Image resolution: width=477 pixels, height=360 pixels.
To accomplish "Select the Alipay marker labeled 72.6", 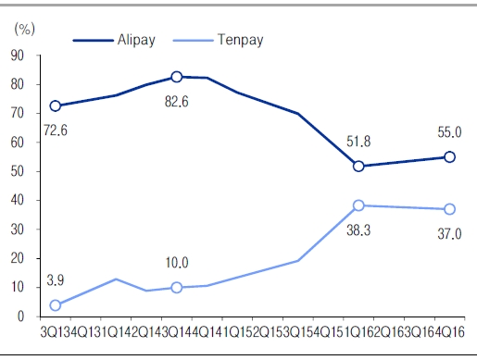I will click(56, 106).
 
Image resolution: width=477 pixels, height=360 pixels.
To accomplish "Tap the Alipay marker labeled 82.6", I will click(176, 77).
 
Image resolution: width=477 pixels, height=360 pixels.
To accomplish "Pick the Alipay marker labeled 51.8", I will click(358, 167).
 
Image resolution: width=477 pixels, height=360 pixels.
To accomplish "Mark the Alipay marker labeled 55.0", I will click(449, 157).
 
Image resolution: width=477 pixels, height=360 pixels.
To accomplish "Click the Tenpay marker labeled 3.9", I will click(56, 305).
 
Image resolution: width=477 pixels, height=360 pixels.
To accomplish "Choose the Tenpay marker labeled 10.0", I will click(176, 288).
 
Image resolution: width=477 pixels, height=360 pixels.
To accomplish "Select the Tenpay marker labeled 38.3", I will click(358, 205).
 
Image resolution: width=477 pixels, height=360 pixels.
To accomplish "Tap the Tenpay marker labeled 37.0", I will click(449, 209).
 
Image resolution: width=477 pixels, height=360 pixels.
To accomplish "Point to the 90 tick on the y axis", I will click(18, 56).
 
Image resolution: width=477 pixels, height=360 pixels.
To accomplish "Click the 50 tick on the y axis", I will click(18, 171).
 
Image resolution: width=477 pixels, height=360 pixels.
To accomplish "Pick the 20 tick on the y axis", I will click(18, 258).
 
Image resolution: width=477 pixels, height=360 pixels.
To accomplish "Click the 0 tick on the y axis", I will click(21, 317).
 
